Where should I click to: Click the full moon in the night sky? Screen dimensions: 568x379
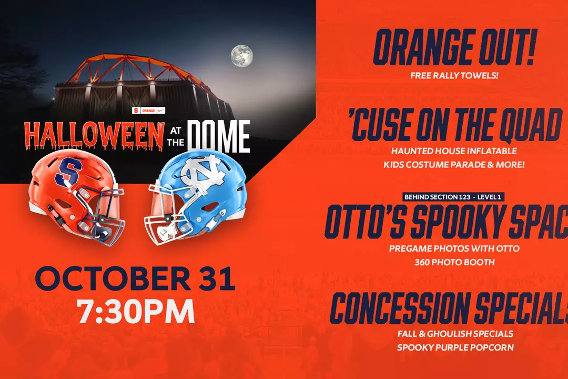(241, 56)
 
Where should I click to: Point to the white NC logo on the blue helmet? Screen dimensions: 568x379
(203, 170)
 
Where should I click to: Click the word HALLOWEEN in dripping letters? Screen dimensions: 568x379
(94, 136)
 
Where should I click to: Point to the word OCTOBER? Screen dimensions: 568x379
(113, 279)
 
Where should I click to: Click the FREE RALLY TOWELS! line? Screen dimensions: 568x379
(454, 75)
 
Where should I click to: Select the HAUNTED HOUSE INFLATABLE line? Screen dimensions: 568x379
(454, 151)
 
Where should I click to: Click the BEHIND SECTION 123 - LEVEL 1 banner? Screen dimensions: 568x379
(453, 197)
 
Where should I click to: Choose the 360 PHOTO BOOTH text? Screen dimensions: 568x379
(454, 262)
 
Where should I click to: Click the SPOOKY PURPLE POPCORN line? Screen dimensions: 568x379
(455, 347)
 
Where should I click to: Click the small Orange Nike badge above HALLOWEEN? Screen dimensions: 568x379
(149, 110)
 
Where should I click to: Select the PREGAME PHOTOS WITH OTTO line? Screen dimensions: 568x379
(454, 248)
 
